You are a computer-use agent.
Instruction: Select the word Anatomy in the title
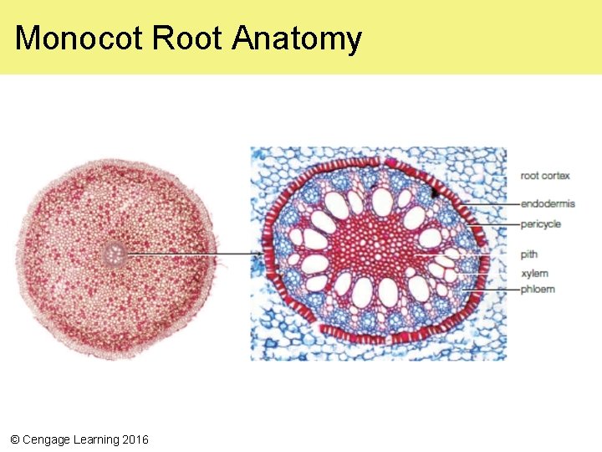[297, 39]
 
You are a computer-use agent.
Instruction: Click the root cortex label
[544, 176]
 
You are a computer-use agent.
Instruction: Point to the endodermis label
[548, 203]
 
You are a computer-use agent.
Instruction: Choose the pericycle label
[541, 224]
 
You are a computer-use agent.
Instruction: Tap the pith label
[528, 254]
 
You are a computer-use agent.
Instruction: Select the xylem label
[534, 274]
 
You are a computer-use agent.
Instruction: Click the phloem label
[538, 290]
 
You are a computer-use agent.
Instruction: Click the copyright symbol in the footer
[14, 439]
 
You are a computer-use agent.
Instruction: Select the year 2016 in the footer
[135, 439]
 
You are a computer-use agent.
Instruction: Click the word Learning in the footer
[96, 439]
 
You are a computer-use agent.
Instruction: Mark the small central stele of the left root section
[115, 252]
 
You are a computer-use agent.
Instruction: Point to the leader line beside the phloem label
[493, 290]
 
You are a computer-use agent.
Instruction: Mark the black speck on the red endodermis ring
[434, 193]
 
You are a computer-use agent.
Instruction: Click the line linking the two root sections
[192, 253]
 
